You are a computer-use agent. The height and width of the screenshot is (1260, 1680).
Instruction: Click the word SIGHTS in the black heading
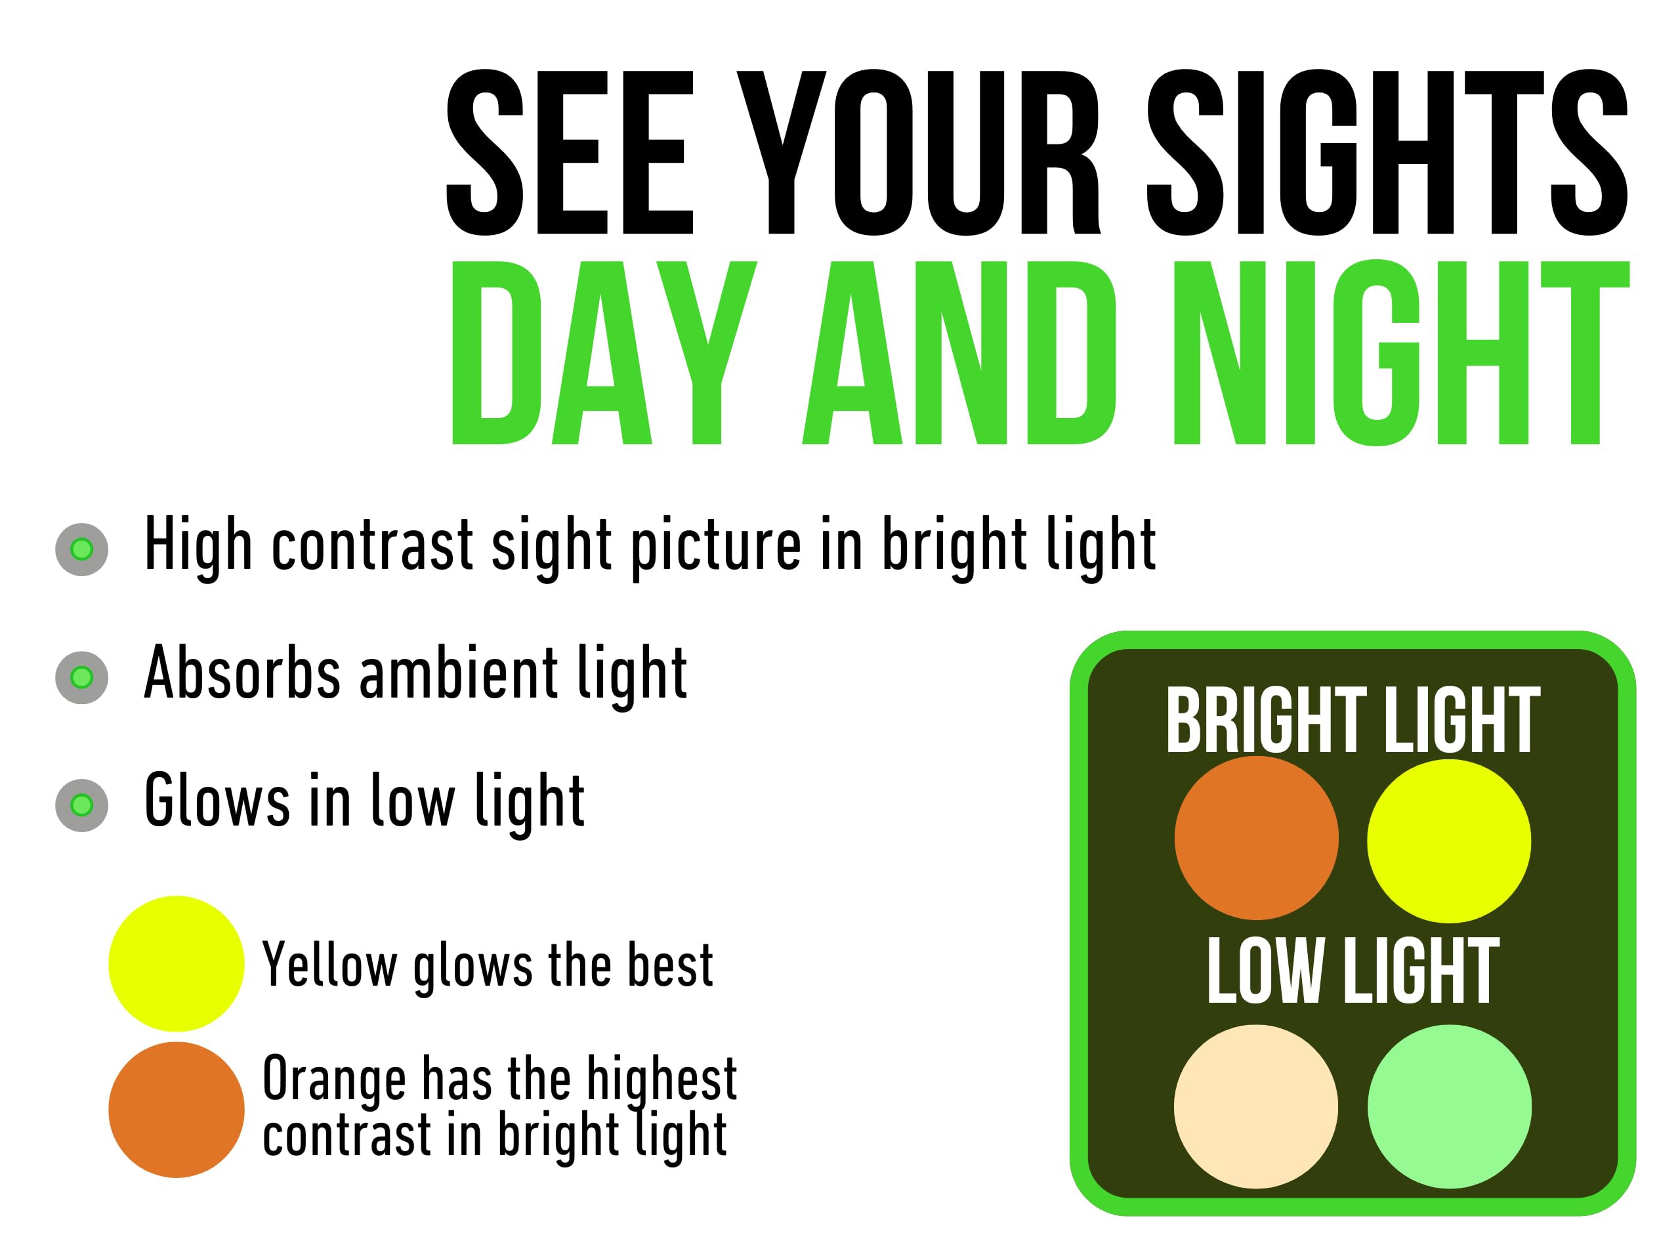pyautogui.click(x=1387, y=152)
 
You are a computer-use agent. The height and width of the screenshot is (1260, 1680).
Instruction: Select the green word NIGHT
pyautogui.click(x=1402, y=352)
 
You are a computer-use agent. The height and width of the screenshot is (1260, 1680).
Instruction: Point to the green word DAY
pyautogui.click(x=604, y=352)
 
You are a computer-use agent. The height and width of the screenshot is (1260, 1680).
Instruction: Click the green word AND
pyautogui.click(x=959, y=352)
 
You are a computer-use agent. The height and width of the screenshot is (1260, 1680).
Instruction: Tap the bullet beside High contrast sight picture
pyautogui.click(x=82, y=549)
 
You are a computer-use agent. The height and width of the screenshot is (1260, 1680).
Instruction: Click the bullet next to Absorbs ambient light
pyautogui.click(x=82, y=677)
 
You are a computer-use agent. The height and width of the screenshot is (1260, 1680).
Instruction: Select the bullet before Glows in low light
pyautogui.click(x=82, y=805)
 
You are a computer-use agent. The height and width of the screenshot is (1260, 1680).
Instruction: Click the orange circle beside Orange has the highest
pyautogui.click(x=176, y=1110)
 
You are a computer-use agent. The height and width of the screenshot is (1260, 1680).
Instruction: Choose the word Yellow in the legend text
pyautogui.click(x=329, y=964)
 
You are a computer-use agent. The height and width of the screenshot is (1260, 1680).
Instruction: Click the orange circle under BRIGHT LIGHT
pyautogui.click(x=1256, y=838)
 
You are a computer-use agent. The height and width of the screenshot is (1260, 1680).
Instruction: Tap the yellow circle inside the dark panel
pyautogui.click(x=1449, y=841)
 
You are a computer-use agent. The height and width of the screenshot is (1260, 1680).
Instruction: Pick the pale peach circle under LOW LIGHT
pyautogui.click(x=1256, y=1106)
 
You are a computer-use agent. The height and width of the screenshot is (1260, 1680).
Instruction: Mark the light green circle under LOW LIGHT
pyautogui.click(x=1450, y=1106)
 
